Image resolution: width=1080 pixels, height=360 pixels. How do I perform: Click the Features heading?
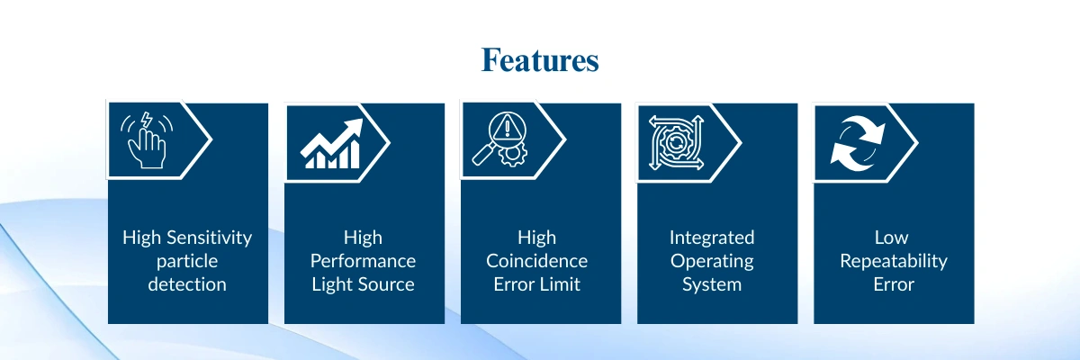(540, 60)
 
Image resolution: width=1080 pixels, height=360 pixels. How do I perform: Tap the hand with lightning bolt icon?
(147, 139)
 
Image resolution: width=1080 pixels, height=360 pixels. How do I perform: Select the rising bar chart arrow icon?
(332, 144)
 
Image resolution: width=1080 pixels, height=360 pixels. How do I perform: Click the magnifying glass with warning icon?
(500, 139)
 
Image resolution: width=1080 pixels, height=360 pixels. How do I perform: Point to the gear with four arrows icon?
(676, 143)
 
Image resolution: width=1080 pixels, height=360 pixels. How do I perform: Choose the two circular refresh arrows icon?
(858, 143)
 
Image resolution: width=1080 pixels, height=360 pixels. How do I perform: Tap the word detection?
(187, 284)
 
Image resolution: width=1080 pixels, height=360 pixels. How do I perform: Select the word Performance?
(363, 261)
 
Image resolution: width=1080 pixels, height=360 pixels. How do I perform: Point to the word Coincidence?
(536, 261)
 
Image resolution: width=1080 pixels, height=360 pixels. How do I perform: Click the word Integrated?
(712, 238)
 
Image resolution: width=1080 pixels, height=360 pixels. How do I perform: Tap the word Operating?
(712, 262)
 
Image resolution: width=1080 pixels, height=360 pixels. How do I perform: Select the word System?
(712, 284)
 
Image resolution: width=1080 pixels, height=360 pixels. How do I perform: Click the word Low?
(892, 238)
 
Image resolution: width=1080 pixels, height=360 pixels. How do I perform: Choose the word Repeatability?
(894, 262)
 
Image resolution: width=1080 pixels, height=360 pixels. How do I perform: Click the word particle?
(187, 262)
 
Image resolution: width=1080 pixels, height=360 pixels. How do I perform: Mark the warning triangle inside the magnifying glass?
(507, 128)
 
